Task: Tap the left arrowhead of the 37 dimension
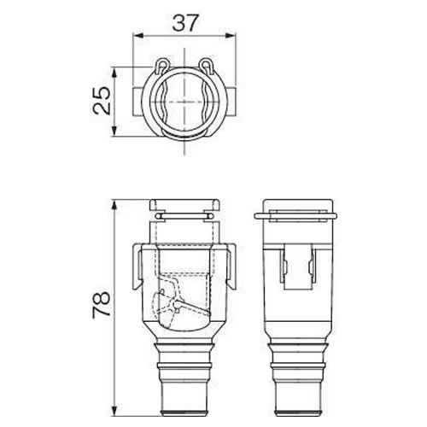point(137,38)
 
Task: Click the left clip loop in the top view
point(162,64)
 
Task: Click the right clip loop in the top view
point(208,64)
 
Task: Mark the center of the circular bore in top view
point(185,101)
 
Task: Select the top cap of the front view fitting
point(185,206)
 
